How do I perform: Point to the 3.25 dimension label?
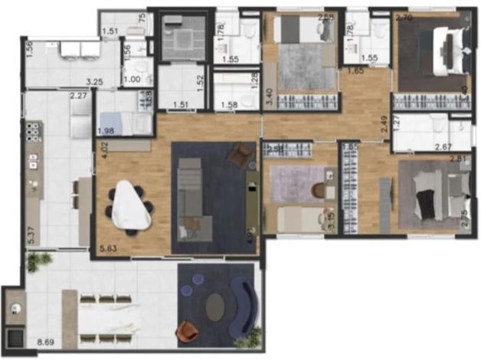(94, 80)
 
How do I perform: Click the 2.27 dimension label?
(78, 97)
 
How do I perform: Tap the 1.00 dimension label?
(133, 79)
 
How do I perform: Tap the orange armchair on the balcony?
(187, 332)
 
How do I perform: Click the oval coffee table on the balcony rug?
(216, 306)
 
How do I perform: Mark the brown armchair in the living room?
(242, 155)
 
